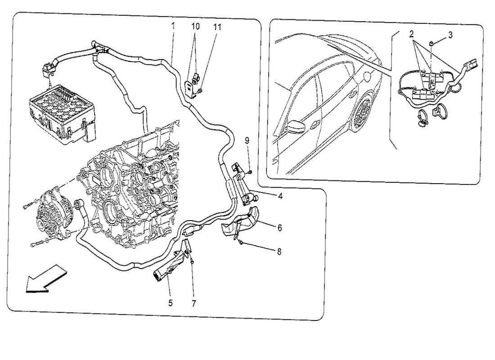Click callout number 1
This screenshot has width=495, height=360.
tap(172, 26)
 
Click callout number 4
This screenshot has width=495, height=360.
tap(280, 196)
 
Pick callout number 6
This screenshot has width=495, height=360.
tap(279, 228)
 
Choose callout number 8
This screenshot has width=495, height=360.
tap(279, 252)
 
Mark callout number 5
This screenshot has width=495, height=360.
tap(171, 303)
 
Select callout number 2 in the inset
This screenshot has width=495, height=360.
tap(411, 34)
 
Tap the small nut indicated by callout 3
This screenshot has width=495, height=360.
tap(431, 43)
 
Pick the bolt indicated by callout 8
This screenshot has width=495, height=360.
tap(241, 243)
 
